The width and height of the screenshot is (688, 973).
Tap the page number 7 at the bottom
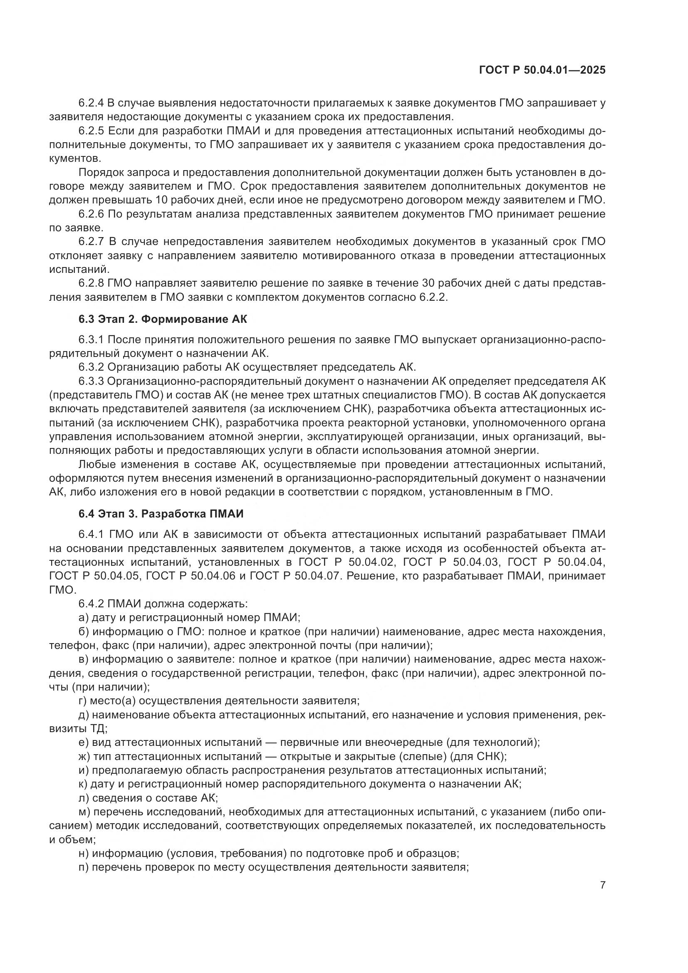pos(603,885)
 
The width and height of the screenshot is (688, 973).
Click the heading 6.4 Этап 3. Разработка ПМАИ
pos(161,514)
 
